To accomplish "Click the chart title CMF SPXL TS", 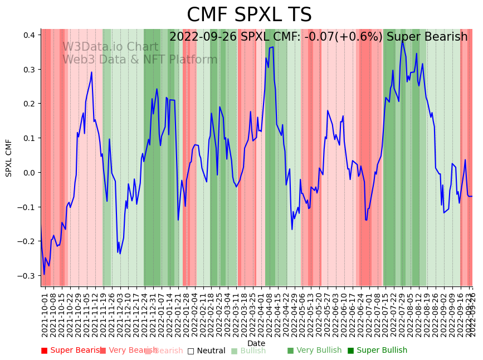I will pos(249,15).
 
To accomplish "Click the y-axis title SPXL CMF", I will pos(9,158).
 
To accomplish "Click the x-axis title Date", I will pos(256,343).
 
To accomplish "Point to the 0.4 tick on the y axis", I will pos(30,35).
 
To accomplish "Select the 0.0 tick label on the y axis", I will pos(30,173).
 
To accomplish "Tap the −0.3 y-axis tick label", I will pos(27,276).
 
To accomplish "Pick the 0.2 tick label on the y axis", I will pos(30,104).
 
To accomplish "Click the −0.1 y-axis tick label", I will pos(27,207).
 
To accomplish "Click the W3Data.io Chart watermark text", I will pos(110,47).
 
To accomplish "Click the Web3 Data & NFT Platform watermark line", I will pos(140,60).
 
